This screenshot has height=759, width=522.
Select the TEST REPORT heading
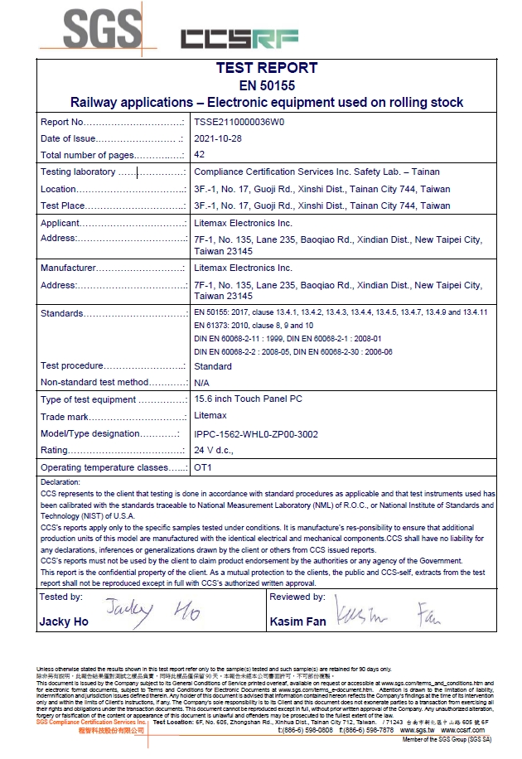click(266, 68)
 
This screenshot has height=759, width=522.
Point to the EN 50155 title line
click(266, 85)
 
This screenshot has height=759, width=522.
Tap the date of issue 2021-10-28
click(218, 138)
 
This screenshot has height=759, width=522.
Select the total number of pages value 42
click(199, 155)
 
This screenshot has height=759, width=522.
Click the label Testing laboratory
click(78, 172)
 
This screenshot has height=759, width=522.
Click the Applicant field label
click(60, 223)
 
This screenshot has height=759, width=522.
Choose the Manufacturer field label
click(68, 268)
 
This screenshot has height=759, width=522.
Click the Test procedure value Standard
click(213, 366)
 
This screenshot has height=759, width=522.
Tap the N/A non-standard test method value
click(201, 383)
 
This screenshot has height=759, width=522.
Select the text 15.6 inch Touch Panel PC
click(248, 399)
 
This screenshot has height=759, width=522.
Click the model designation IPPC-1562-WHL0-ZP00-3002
click(255, 434)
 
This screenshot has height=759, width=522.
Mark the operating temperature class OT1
click(203, 468)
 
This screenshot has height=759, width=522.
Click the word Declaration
click(60, 481)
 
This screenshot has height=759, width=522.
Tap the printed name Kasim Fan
click(295, 621)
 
